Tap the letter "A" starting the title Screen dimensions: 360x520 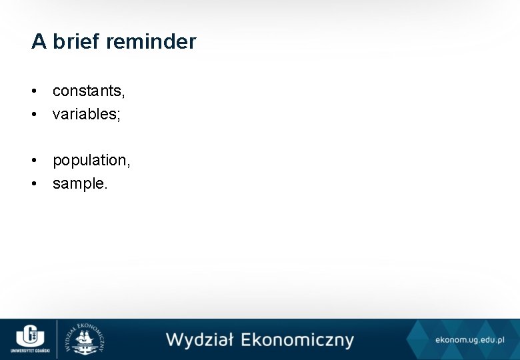(39, 42)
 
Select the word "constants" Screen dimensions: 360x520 (87, 91)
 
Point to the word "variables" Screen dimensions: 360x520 (84, 114)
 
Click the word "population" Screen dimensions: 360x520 (90, 161)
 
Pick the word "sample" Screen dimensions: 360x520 (77, 183)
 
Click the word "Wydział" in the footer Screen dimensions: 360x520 (199, 339)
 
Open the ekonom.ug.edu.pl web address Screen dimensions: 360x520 (469, 340)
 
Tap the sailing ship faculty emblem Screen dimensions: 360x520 (84, 339)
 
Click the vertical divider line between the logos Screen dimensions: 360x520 (57, 339)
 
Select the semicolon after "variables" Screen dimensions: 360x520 (119, 115)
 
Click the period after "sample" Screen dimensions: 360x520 (105, 187)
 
